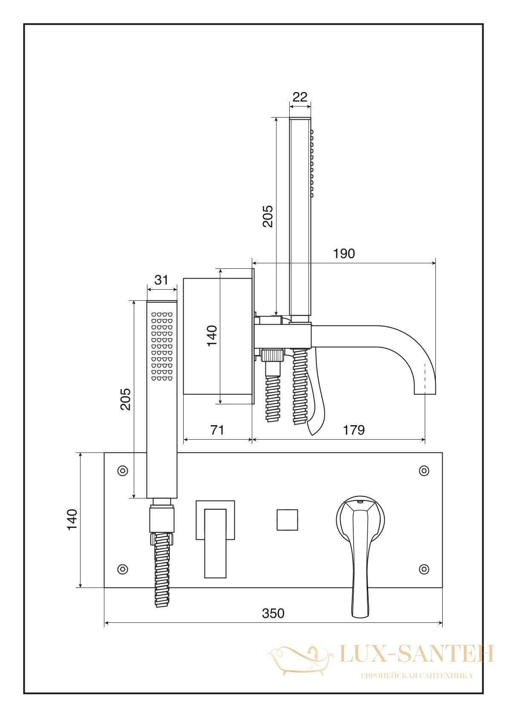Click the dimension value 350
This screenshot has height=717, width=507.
coord(273,613)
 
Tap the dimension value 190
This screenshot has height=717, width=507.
coord(344,253)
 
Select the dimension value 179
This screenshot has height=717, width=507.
coord(354,430)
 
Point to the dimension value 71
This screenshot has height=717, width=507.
coord(217,430)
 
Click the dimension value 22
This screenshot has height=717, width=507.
coord(300,97)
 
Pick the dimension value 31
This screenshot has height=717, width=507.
coord(161,280)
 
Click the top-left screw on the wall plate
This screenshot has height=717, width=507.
coord(123,470)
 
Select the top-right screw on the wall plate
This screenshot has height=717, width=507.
coord(424,470)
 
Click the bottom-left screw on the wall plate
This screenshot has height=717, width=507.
coord(123,569)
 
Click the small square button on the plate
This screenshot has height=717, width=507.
coord(287,520)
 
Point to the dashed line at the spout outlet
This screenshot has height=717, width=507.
coord(425,378)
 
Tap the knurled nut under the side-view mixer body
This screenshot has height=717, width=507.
coord(272,356)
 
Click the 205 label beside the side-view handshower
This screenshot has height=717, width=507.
coord(267,216)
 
